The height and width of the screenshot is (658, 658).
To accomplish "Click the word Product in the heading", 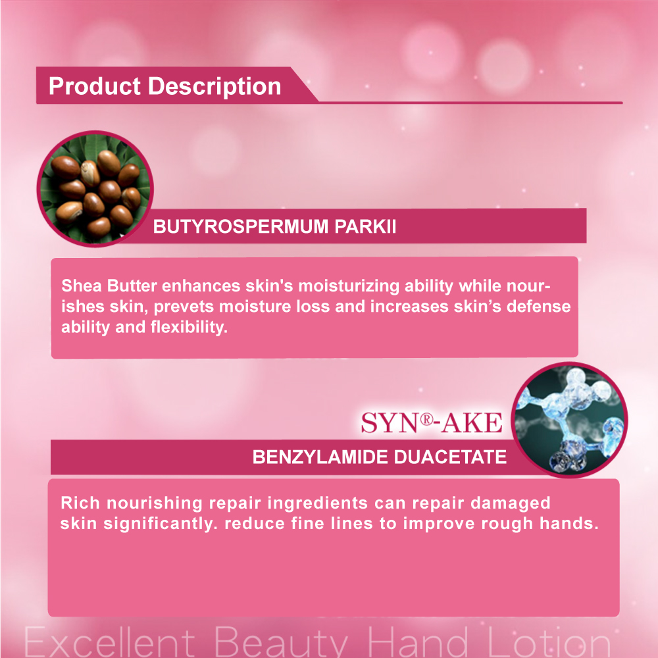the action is coord(94,86).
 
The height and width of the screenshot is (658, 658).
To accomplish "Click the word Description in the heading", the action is coord(215,87).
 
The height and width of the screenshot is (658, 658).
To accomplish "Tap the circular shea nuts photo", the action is coord(95,188).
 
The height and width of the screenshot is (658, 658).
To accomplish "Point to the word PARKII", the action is coord(365,226).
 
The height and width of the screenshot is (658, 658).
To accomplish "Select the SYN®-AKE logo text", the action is coord(432,423).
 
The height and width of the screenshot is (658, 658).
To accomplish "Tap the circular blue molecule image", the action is coord(569,420).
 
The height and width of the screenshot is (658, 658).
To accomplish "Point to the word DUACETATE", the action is coord(450,457).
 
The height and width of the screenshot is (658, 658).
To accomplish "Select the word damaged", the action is coord(510,503).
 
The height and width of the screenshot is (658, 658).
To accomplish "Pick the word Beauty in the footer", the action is coord(281,643).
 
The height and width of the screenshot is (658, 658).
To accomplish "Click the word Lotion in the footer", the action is coord(549,642).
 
